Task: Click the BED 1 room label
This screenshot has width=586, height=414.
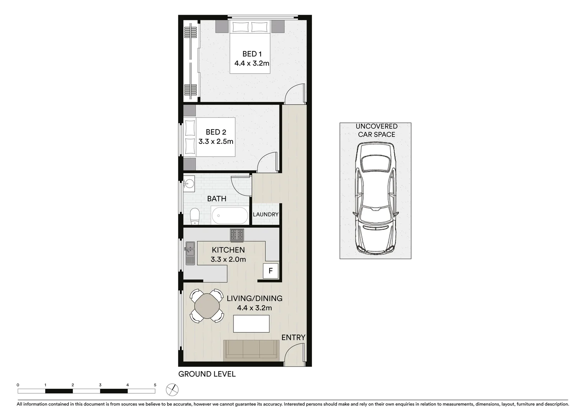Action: [x=252, y=54]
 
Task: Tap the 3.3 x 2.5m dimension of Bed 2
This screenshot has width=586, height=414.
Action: [x=216, y=141]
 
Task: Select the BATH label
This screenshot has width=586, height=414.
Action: [x=217, y=199]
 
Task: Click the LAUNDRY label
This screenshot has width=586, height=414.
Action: [x=265, y=214]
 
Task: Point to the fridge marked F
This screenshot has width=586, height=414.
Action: [x=270, y=271]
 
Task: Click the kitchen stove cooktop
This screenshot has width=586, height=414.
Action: [x=237, y=235]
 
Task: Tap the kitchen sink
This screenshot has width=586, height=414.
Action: [x=190, y=253]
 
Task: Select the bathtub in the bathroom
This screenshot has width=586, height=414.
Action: [x=230, y=216]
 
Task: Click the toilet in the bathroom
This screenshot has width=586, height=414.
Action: [x=195, y=216]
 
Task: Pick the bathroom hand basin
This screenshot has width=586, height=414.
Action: [x=189, y=184]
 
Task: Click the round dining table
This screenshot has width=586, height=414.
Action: [x=207, y=306]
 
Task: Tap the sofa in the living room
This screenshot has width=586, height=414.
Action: [x=251, y=350]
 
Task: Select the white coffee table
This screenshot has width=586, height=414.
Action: [x=251, y=324]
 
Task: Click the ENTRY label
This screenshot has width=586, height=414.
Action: [x=293, y=337]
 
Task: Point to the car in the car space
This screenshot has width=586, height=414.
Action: [x=375, y=198]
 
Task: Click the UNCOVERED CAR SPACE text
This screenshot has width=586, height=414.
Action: [x=376, y=130]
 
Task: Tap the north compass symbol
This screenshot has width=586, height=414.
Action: [x=172, y=390]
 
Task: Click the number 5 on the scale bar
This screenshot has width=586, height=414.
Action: [x=155, y=385]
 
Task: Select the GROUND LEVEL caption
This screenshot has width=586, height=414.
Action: [x=207, y=374]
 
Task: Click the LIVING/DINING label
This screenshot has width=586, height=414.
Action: [x=254, y=298]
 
